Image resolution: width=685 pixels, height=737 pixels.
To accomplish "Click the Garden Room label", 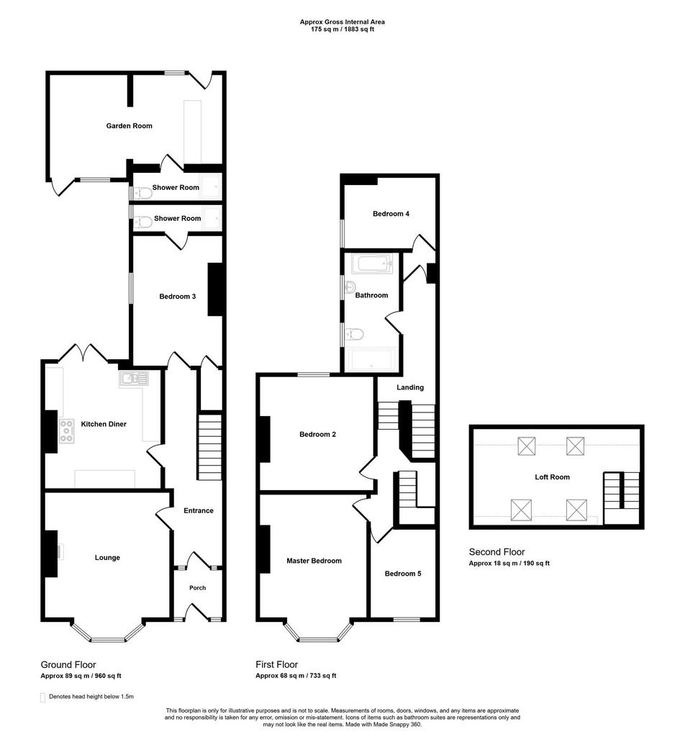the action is click(x=130, y=126).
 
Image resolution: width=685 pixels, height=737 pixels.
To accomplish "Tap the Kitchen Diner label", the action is click(x=104, y=424).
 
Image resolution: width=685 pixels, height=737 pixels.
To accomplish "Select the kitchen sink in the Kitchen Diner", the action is click(x=134, y=379).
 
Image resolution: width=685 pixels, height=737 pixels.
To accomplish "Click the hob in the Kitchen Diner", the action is click(x=66, y=431).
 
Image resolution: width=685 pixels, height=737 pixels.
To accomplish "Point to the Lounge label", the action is click(x=107, y=558).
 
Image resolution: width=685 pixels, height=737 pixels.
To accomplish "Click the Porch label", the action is click(x=198, y=588).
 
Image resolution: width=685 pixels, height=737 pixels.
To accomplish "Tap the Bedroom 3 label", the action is click(x=178, y=297).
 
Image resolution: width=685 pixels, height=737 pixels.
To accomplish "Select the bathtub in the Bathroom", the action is click(x=372, y=263).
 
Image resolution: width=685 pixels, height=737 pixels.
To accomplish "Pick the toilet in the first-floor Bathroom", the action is click(x=354, y=335).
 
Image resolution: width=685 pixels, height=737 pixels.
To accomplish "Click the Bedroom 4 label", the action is click(x=391, y=214).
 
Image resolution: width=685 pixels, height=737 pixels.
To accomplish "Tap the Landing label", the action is click(x=410, y=388).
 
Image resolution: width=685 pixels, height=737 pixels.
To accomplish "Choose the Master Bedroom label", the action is click(x=314, y=561).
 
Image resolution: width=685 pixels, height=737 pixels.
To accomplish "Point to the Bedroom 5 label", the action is click(x=403, y=574).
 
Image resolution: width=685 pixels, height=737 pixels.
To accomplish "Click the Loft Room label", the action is click(x=552, y=477).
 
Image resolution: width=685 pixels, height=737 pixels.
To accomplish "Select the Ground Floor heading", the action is click(x=68, y=664).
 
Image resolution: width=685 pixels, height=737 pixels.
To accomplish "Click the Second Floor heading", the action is click(x=496, y=552).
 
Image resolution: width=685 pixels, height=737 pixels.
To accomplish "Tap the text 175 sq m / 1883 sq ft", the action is click(x=342, y=29).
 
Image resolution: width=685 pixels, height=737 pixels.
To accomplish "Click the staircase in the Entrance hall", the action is click(x=209, y=446).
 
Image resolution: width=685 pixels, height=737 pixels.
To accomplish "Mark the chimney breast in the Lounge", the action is click(x=51, y=553).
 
